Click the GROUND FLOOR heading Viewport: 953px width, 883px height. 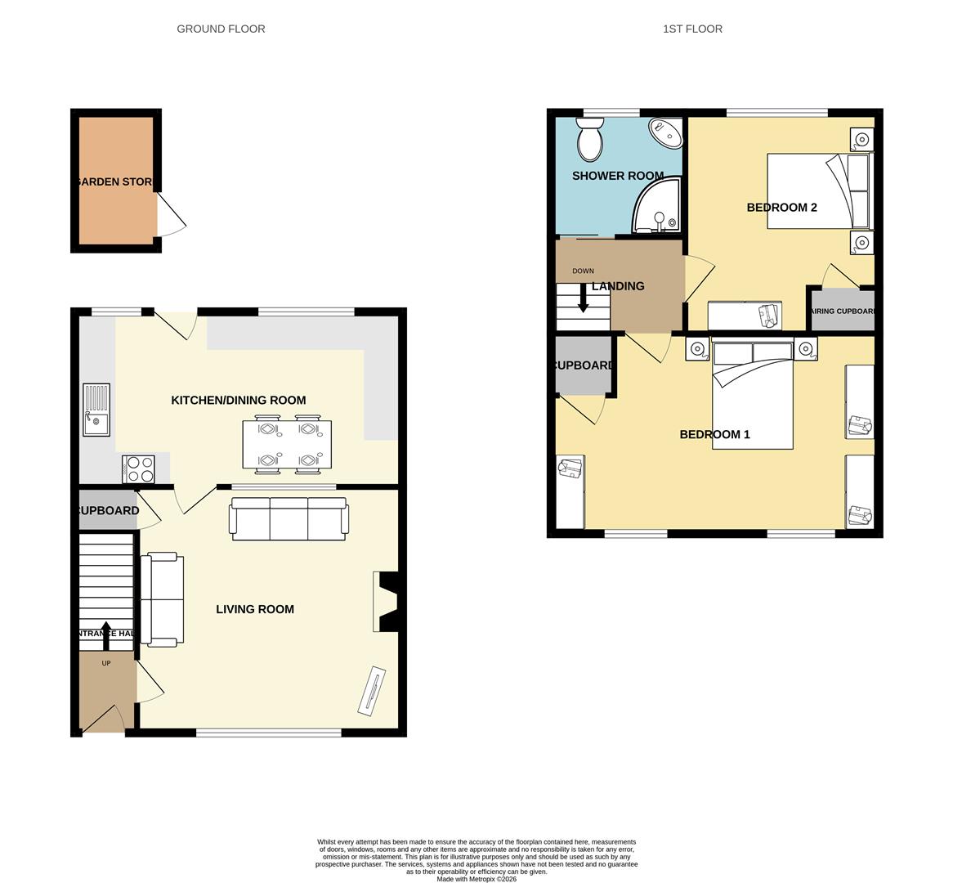pyautogui.click(x=221, y=29)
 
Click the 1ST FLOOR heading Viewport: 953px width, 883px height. pyautogui.click(x=692, y=29)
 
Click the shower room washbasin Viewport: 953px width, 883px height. pyautogui.click(x=667, y=133)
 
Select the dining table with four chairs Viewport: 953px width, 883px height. pyautogui.click(x=287, y=445)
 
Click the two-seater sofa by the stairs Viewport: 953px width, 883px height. pyautogui.click(x=162, y=599)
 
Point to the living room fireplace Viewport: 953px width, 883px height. pyautogui.click(x=386, y=602)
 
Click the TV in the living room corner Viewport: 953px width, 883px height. pyautogui.click(x=371, y=692)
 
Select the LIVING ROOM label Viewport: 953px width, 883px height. pyautogui.click(x=255, y=609)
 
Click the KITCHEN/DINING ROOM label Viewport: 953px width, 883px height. pyautogui.click(x=238, y=400)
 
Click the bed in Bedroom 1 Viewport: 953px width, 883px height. pyautogui.click(x=753, y=396)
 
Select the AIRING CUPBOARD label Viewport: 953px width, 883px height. pyautogui.click(x=842, y=312)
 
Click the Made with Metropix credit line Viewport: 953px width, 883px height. pyautogui.click(x=476, y=879)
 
